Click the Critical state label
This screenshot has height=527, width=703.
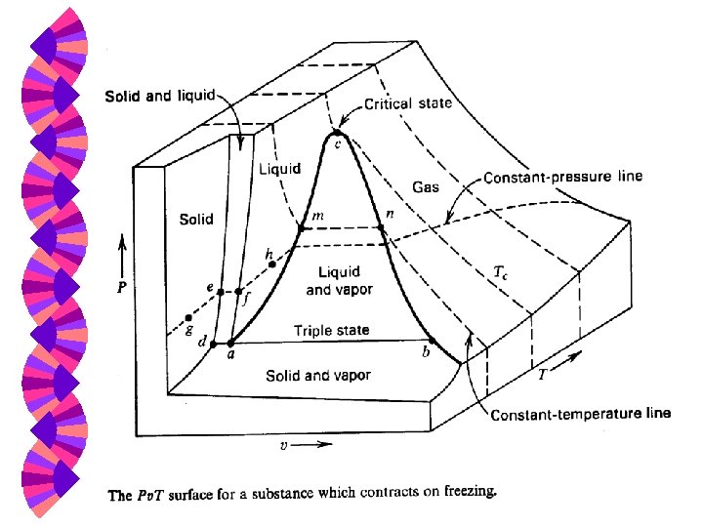coord(407,103)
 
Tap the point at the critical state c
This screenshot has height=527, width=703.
coord(338,133)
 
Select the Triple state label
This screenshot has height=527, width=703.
coord(332,331)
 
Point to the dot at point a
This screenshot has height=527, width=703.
coord(231,344)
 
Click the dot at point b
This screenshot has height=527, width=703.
coord(432,342)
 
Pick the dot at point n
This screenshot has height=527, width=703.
coord(382,229)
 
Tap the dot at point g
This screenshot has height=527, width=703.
coord(187,318)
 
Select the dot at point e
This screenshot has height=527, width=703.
coord(221,292)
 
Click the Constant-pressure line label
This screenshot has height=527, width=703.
coord(563,178)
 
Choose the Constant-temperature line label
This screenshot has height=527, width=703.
coord(581,413)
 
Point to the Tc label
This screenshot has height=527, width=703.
coord(501,275)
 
